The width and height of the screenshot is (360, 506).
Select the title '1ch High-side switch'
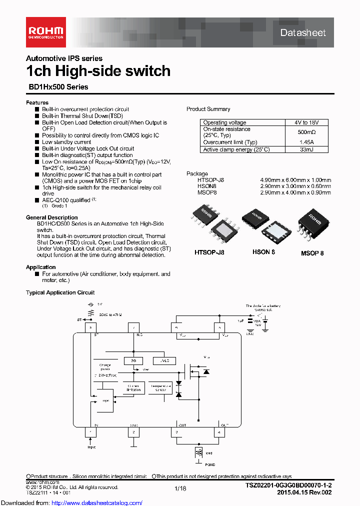coord(98,71)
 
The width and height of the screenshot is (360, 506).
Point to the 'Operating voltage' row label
coord(224,122)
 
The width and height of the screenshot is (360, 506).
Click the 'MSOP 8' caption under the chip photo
coord(312,253)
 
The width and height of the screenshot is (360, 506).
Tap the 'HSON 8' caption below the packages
coord(264,252)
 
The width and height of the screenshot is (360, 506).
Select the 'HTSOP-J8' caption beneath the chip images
coord(209,252)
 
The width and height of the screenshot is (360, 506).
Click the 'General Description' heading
coord(52,217)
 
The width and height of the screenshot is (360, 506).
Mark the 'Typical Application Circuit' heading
coord(60,292)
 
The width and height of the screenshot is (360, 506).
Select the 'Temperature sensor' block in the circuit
coord(160,388)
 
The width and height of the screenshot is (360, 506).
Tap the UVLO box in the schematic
coord(165,360)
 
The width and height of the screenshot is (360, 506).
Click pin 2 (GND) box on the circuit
coord(133,432)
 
